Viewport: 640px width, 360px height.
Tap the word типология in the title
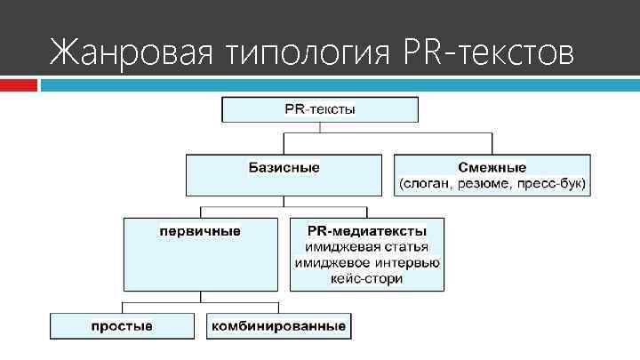pyautogui.click(x=307, y=53)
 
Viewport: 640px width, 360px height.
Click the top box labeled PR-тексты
pyautogui.click(x=320, y=110)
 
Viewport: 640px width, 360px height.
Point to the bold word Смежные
pyautogui.click(x=492, y=168)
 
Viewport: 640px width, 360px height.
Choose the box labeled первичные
pyautogui.click(x=201, y=252)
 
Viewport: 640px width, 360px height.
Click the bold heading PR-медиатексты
pyautogui.click(x=367, y=231)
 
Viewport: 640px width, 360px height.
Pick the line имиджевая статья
pyautogui.click(x=367, y=247)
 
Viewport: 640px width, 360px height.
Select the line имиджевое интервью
pyautogui.click(x=367, y=263)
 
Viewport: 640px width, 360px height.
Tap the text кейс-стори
pyautogui.click(x=367, y=279)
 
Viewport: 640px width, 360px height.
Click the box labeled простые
pyautogui.click(x=122, y=326)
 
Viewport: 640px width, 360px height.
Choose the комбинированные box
pyautogui.click(x=278, y=326)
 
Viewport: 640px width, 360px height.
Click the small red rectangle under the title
pyautogui.click(x=19, y=84)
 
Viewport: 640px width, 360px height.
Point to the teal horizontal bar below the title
pyautogui.click(x=338, y=84)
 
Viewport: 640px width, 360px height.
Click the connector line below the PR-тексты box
pyautogui.click(x=319, y=128)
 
